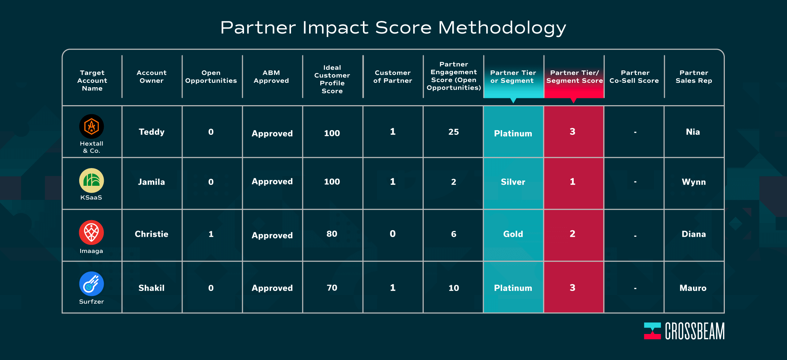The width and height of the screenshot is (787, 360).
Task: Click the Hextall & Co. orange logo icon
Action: [x=91, y=127]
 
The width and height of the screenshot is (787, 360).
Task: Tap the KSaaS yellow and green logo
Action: [x=91, y=180]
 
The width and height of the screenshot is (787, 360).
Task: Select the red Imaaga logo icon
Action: [x=91, y=232]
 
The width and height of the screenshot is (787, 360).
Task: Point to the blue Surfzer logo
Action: [x=91, y=284]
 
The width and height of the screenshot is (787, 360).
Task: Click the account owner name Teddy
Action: [x=151, y=132]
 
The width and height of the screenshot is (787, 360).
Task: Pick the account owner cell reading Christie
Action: [x=151, y=234]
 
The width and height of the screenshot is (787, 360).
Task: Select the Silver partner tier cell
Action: [x=513, y=182]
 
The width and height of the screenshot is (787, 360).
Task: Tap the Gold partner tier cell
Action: [x=513, y=234]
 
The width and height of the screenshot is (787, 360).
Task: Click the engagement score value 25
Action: [x=453, y=132]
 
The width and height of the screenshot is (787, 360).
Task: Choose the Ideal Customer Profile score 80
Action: [x=332, y=234]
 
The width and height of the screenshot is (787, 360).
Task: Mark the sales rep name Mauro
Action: [x=693, y=288]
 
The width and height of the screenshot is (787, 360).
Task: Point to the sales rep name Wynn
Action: [x=694, y=182]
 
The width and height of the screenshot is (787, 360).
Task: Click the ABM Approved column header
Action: [x=271, y=77]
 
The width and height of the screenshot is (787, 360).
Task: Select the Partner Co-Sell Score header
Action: [x=634, y=77]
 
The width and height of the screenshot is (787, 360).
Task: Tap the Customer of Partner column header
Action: [x=393, y=77]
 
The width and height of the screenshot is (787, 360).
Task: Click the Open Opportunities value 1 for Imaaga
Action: [x=211, y=234]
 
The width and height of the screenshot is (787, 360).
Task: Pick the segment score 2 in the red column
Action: [x=573, y=234]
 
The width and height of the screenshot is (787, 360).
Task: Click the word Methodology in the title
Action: [x=502, y=28]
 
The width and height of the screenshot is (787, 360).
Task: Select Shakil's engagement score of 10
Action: [x=454, y=288]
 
